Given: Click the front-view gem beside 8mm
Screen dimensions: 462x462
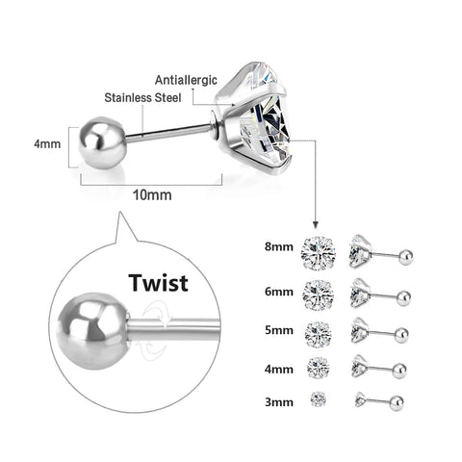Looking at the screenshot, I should (317, 252).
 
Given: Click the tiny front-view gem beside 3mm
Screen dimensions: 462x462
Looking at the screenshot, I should (317, 398).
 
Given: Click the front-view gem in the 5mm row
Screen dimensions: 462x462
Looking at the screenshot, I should (317, 332).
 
